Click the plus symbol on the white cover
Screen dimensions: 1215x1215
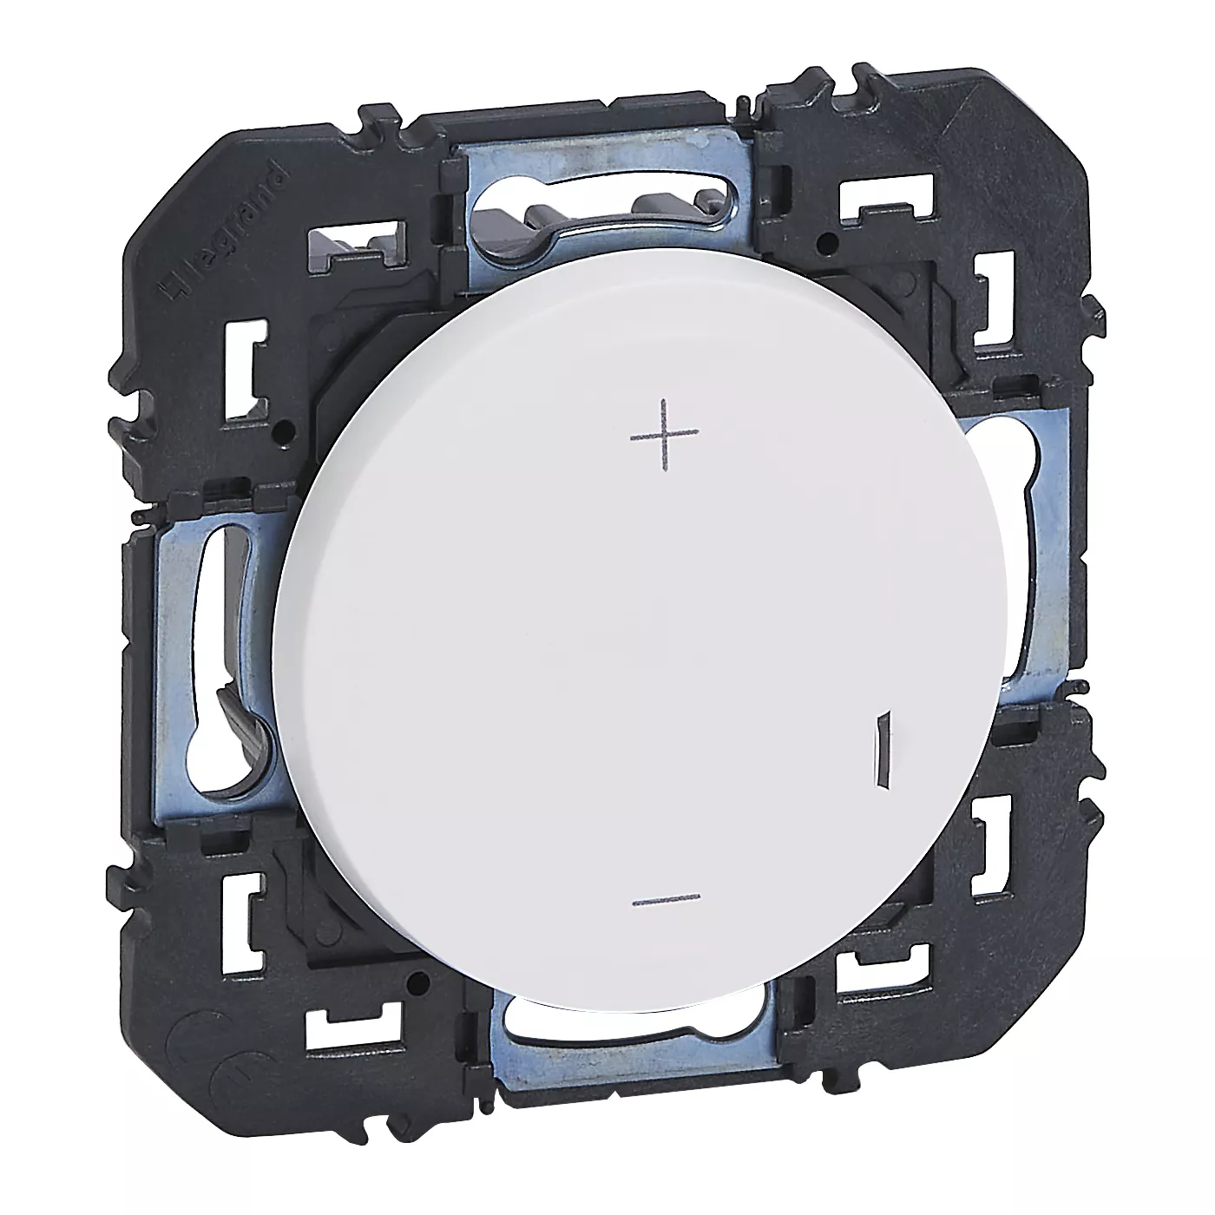tap(665, 436)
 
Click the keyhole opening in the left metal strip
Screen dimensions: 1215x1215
tap(220, 631)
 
